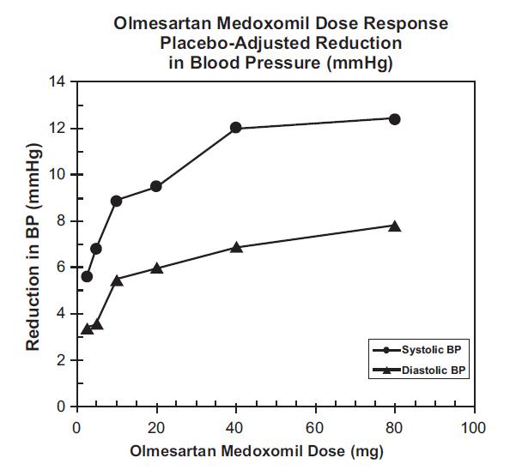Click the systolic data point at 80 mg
394,119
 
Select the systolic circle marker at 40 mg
236,128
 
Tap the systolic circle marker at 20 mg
156,186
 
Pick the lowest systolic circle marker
87,276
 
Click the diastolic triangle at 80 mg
394,226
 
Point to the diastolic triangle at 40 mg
236,247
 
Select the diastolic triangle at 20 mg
156,268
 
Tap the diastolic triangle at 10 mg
117,280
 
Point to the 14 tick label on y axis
58,82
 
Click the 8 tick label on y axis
62,221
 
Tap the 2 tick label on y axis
62,360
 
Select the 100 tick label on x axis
473,426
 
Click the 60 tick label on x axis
315,426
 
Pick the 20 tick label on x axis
156,426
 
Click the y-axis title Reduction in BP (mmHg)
33,245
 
